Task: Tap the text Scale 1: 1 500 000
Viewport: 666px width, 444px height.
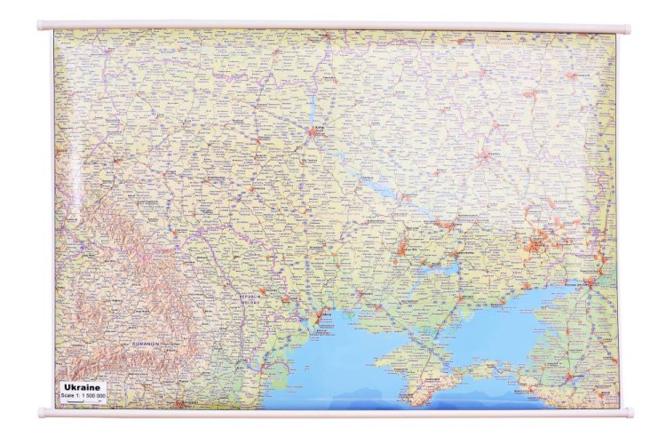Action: tap(83, 395)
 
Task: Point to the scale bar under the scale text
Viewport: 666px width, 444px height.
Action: tap(79, 402)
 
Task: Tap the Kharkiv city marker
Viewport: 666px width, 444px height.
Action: tap(485, 155)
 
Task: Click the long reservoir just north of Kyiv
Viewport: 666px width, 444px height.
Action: tap(313, 107)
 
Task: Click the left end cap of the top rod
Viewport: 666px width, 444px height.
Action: tap(40, 26)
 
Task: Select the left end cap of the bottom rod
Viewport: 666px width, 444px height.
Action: tap(40, 412)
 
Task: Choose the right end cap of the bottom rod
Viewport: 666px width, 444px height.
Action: tap(628, 412)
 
